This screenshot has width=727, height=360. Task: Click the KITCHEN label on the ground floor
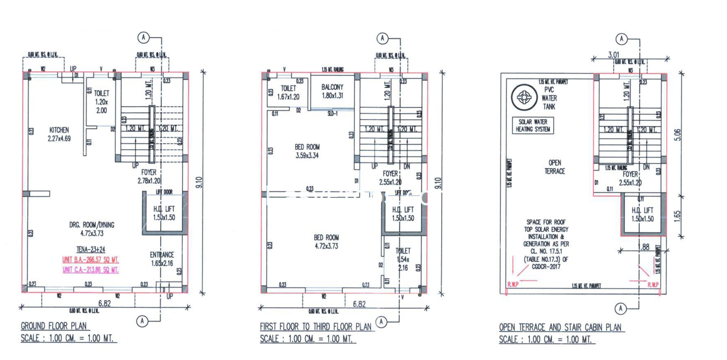(59, 130)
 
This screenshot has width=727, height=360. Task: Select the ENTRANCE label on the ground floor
(162, 255)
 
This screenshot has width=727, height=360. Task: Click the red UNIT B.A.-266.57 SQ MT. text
(91, 260)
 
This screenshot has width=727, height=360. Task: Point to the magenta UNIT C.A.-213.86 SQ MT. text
(91, 269)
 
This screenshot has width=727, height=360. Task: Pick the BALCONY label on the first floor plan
(332, 87)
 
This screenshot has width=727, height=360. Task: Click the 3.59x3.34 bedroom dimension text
(307, 156)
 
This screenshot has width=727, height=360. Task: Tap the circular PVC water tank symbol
(522, 98)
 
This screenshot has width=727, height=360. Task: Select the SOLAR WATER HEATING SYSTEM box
(533, 126)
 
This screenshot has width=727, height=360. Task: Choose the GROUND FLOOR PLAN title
(52, 326)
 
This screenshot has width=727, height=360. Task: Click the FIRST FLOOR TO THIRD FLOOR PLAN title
(316, 327)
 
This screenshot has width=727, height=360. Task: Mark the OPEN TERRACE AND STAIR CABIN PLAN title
(560, 327)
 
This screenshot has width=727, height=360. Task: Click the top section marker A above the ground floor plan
(143, 37)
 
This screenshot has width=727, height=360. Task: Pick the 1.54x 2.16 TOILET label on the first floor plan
(403, 259)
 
